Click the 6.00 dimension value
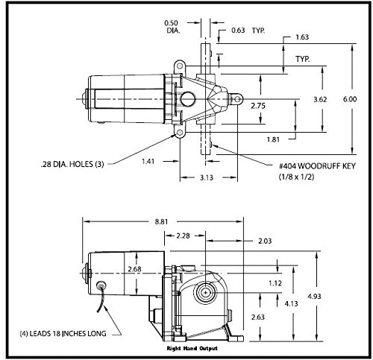point(350,99)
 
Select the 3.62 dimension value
point(320,99)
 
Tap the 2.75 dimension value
point(258,106)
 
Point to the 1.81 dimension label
point(273,139)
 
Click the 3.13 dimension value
point(207,177)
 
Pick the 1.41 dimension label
point(148,161)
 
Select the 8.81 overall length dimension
point(161,221)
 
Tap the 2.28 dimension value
point(183,236)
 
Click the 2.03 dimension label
point(265,241)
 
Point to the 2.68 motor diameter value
point(134,269)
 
